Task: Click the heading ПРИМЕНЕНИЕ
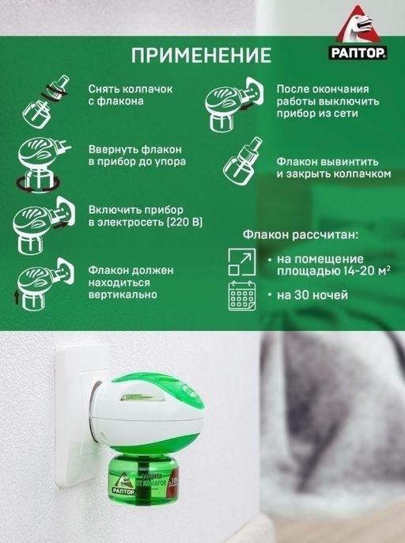click(201, 55)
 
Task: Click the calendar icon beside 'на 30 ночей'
click(242, 296)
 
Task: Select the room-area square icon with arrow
click(242, 262)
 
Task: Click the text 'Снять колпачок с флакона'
click(131, 95)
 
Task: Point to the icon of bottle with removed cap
click(46, 101)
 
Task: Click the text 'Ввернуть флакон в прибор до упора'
click(137, 155)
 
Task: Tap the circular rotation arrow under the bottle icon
click(38, 184)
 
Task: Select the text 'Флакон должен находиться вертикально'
click(131, 283)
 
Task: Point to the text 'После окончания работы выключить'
click(327, 95)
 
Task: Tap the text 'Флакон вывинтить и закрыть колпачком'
click(334, 168)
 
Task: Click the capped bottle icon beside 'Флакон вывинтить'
click(243, 161)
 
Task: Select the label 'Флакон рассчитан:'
click(301, 235)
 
